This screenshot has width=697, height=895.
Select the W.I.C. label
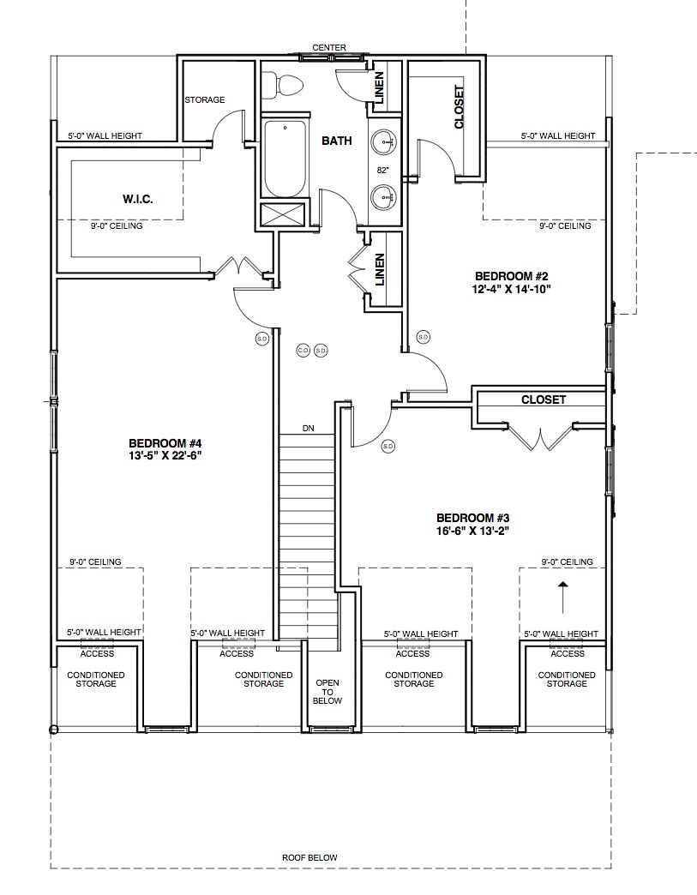137,199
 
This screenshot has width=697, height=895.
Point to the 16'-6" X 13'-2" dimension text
472,531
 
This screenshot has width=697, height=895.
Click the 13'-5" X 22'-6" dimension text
165,455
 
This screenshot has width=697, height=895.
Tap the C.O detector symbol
303,351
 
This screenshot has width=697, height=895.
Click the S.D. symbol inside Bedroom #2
423,337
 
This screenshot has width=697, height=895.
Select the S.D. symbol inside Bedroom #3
388,447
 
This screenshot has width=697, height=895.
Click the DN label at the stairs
309,428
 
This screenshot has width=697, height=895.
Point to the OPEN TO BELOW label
327,692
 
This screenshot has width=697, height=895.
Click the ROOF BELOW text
310,857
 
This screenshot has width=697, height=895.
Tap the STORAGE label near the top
204,100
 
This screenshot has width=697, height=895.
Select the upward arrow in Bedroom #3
563,598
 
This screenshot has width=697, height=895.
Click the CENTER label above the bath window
329,47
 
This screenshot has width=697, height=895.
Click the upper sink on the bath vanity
383,141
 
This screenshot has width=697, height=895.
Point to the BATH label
337,141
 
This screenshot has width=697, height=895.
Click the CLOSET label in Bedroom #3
544,399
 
